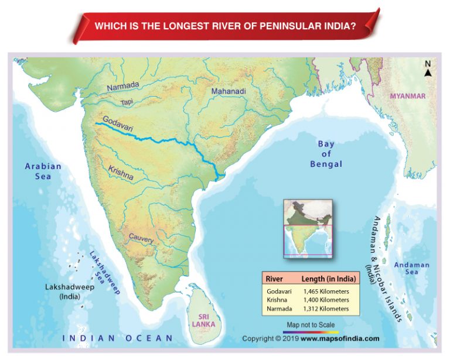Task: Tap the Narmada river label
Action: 123,87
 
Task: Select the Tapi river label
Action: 127,102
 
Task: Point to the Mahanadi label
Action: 229,92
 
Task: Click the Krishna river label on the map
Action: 121,172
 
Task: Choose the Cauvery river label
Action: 141,239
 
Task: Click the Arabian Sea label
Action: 43,172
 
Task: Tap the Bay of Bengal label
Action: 326,154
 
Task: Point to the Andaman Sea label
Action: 411,268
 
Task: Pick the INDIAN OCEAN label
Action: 118,338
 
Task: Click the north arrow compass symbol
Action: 428,69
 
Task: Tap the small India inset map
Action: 308,228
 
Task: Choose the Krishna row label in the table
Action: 277,300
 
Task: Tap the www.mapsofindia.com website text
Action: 340,339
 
